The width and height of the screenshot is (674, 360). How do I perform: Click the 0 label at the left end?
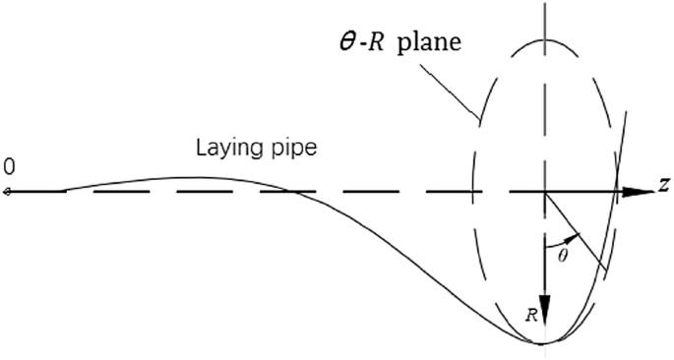click(x=9, y=167)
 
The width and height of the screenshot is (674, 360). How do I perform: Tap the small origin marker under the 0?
click(x=7, y=191)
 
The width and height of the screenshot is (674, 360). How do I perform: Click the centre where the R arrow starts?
click(x=544, y=191)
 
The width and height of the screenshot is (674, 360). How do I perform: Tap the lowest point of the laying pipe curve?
click(x=543, y=342)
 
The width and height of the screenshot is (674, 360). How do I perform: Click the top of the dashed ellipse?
click(x=544, y=40)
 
